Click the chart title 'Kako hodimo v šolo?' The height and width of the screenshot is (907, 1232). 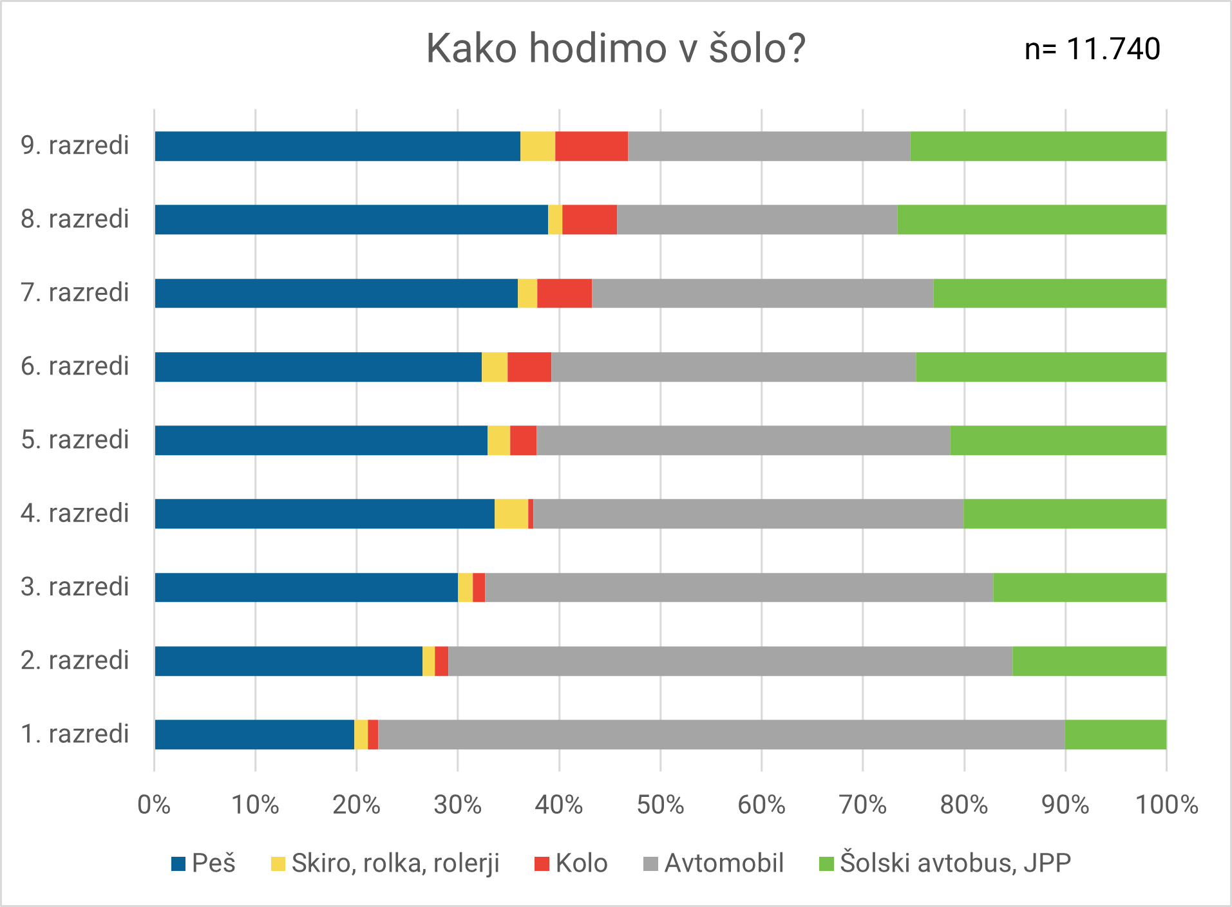click(x=616, y=48)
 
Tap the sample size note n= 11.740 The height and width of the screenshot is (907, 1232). click(x=1092, y=49)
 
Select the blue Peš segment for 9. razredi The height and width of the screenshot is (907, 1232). click(x=337, y=146)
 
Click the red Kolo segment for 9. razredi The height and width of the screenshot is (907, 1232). click(x=591, y=146)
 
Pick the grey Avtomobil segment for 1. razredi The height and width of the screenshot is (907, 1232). click(x=721, y=734)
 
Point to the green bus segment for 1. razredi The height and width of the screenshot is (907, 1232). click(x=1115, y=734)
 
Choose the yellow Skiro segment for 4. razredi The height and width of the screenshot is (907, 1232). click(x=511, y=514)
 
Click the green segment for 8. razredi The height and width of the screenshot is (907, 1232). click(x=1032, y=220)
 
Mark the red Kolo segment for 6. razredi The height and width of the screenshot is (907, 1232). click(x=529, y=367)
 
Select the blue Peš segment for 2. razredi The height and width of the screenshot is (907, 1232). click(x=289, y=661)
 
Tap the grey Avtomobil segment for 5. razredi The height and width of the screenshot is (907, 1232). click(x=743, y=440)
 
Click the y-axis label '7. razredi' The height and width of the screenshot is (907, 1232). click(x=75, y=293)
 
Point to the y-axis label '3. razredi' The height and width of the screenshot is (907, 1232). click(x=75, y=587)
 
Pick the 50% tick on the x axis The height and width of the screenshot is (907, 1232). click(x=660, y=805)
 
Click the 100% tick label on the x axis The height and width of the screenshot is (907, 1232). click(x=1166, y=805)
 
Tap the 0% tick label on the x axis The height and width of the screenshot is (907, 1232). click(x=154, y=805)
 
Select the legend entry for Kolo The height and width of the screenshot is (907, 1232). click(x=571, y=863)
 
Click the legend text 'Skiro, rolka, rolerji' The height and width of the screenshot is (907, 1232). click(x=395, y=863)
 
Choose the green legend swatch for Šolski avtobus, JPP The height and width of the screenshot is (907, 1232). click(x=826, y=864)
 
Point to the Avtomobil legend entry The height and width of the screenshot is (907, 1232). click(x=714, y=863)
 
